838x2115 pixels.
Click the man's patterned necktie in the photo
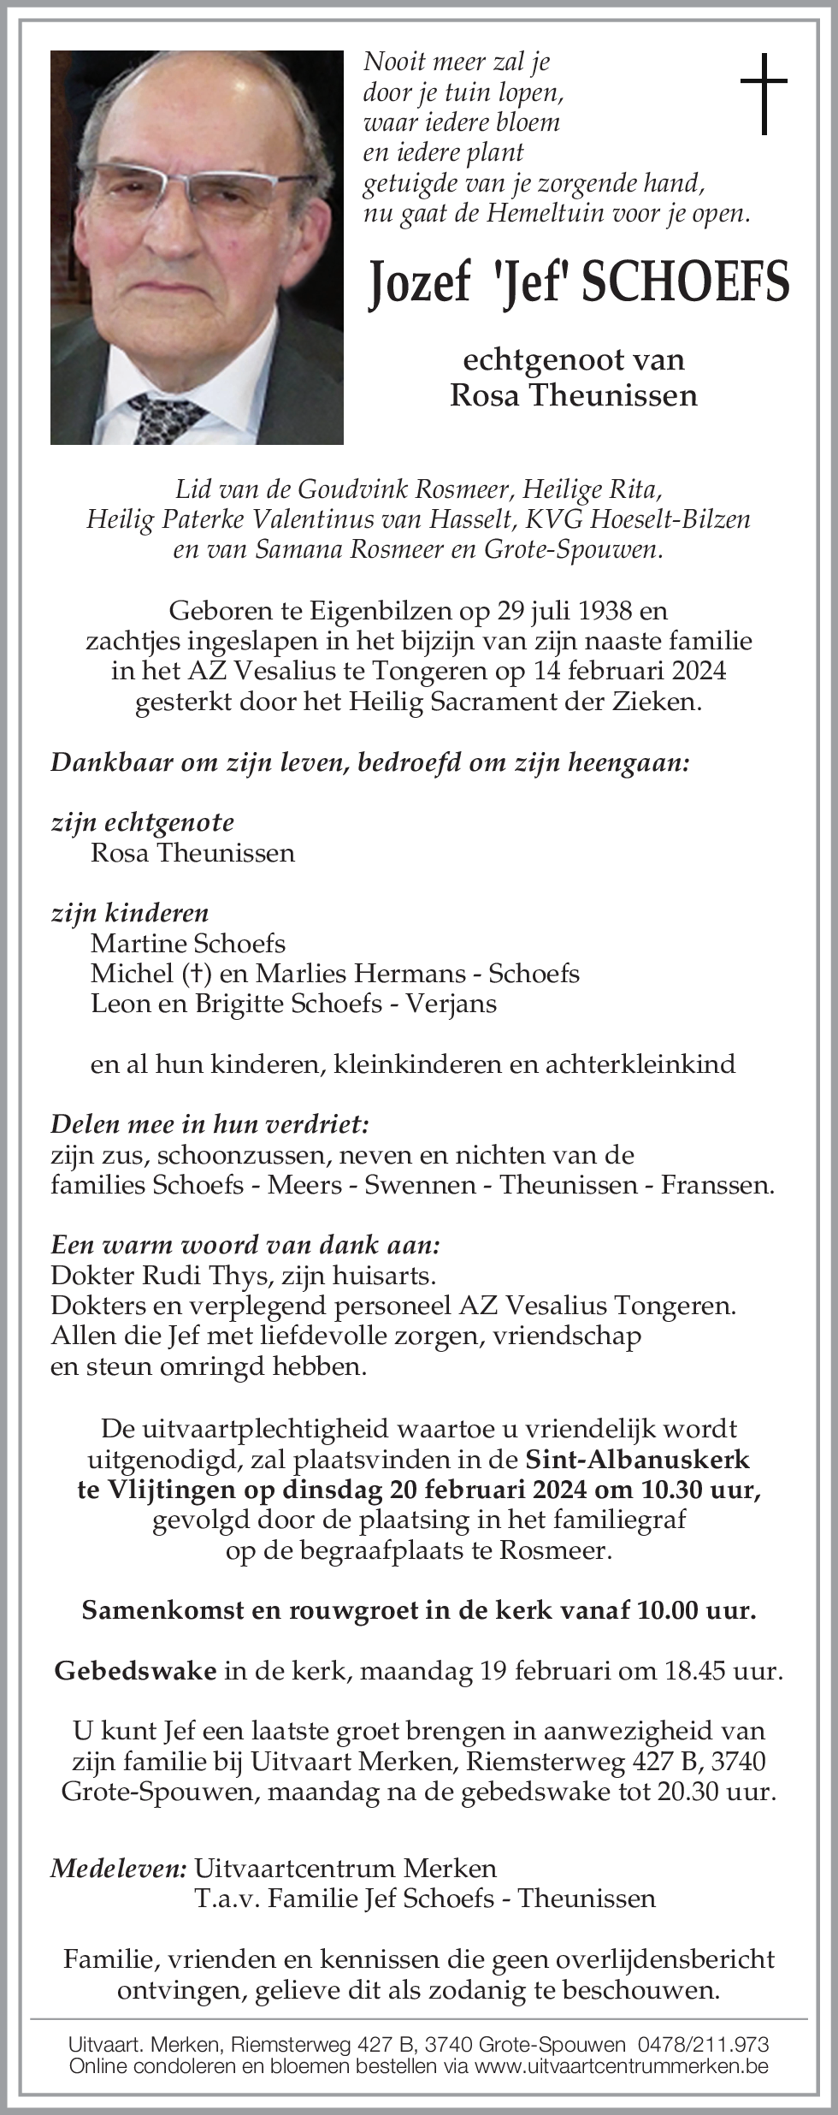tap(167, 417)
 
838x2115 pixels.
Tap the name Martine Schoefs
tap(188, 943)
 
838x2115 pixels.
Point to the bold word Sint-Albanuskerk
tap(637, 1459)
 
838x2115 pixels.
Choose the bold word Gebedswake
tap(135, 1671)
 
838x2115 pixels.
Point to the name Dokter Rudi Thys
tap(160, 1275)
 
